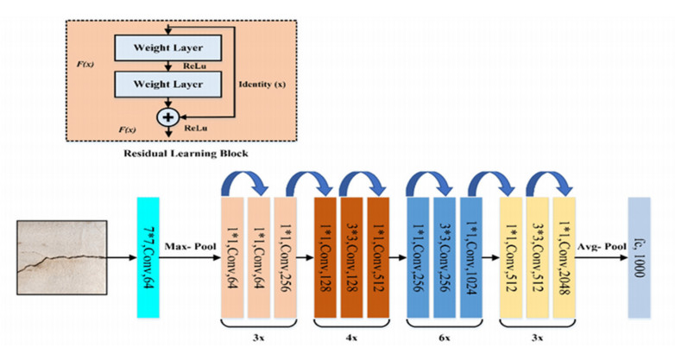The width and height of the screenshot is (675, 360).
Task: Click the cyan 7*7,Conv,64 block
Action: tap(148, 258)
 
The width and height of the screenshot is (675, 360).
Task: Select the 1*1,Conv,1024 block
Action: tap(471, 258)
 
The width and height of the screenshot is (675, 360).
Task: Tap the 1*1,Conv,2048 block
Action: tap(563, 258)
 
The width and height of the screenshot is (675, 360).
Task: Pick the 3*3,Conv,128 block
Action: tap(353, 258)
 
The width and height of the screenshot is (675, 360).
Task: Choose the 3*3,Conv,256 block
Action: tap(445, 258)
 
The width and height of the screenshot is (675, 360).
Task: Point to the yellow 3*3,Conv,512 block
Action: tap(538, 258)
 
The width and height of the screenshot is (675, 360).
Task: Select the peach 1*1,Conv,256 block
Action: tap(286, 258)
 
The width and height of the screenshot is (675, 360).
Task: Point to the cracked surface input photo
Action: tap(61, 258)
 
